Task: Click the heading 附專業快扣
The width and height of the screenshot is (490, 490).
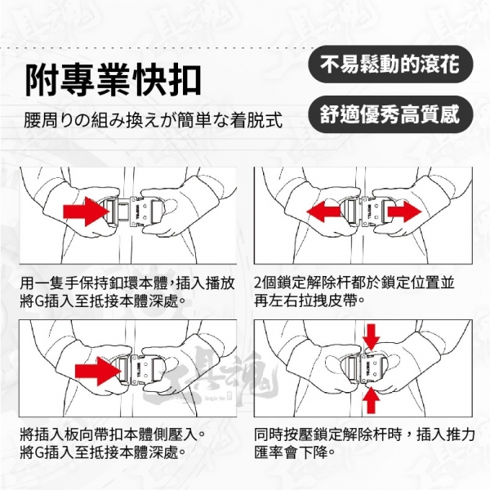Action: pos(114,80)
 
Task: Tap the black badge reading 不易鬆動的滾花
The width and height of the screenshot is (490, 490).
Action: pos(390,64)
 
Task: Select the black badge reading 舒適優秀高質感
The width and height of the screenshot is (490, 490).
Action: pos(390,114)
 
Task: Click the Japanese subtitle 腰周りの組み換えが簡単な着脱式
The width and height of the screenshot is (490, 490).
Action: pos(154,120)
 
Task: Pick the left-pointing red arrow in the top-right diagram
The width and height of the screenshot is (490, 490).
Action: pos(323,212)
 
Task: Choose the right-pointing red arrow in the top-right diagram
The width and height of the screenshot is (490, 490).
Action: pos(405,212)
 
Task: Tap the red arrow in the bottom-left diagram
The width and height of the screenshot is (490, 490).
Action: pos(98,372)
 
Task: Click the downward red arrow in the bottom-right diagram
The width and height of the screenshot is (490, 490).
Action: pos(371,337)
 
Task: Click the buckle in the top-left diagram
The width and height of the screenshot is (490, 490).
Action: pos(134,212)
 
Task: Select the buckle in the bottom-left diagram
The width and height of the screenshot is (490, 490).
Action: pos(141,372)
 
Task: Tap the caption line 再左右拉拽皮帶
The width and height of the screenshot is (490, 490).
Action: pos(310,301)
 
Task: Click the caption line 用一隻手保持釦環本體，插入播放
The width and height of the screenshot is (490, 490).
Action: pos(127,283)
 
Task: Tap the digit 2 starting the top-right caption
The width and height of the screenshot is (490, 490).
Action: pos(258,283)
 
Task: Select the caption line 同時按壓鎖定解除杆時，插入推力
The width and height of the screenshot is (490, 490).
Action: pos(365,434)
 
